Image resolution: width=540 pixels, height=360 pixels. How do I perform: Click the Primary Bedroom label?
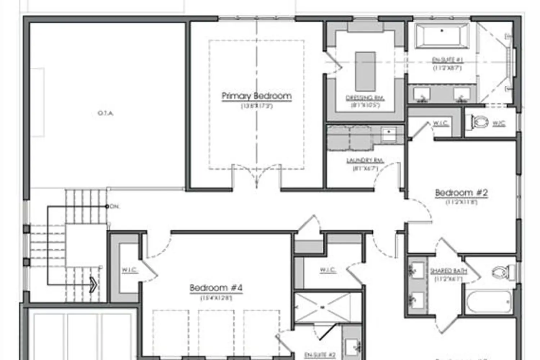[x=256, y=96]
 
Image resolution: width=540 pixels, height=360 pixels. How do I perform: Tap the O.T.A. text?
[x=105, y=113]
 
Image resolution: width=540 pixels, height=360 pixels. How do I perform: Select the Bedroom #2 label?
[x=461, y=193]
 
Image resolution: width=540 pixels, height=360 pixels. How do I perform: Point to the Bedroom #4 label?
[x=216, y=288]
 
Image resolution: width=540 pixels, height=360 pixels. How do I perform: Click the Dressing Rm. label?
[x=365, y=98]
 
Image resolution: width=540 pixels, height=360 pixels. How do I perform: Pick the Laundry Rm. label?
[x=365, y=161]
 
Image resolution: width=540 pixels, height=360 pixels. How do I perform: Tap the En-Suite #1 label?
[x=447, y=60]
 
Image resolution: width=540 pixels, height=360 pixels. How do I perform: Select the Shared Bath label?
[x=449, y=271]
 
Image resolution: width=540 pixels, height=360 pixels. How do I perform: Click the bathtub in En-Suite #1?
[x=442, y=35]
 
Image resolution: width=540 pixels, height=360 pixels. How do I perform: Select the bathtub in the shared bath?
[x=489, y=302]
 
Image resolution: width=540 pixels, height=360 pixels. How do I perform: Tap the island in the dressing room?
[x=365, y=71]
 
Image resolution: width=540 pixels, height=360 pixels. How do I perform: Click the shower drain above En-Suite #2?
[x=323, y=307]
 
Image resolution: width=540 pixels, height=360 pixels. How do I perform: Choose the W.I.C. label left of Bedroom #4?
[x=129, y=270]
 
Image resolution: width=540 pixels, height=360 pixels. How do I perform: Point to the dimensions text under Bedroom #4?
[x=216, y=298]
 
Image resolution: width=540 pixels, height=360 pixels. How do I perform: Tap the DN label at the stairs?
[x=114, y=207]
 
